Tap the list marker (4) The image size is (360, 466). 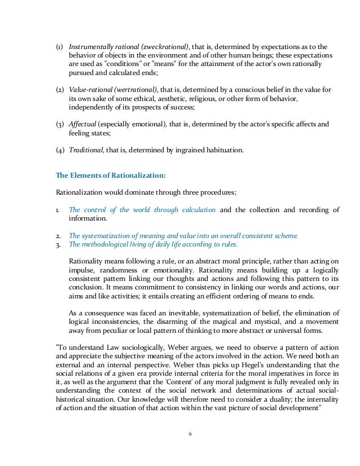click(60, 151)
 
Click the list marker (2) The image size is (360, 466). click(60, 90)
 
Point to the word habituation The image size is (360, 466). click(224, 151)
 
